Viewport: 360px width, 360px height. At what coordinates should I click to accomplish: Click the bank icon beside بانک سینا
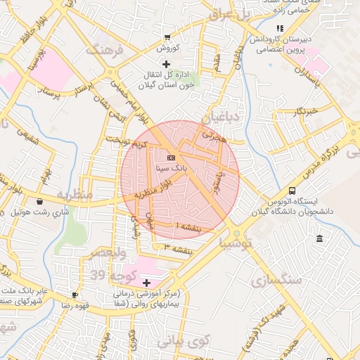172,157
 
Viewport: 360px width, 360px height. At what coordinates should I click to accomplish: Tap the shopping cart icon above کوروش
167,37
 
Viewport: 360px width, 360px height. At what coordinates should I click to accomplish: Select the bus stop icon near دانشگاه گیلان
292,191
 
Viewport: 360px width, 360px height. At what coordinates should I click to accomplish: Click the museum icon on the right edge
320,239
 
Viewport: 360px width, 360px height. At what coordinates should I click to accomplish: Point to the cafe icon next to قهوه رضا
75,295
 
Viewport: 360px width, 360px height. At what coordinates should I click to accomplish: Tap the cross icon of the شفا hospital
146,282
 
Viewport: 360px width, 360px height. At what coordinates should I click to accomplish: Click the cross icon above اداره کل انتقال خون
166,64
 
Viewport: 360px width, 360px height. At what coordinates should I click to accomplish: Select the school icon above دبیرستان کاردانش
281,28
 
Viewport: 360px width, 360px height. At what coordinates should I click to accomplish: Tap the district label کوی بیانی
184,342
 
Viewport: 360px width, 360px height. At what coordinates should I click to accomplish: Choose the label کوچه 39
106,274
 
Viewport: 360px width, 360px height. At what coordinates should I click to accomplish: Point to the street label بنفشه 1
188,227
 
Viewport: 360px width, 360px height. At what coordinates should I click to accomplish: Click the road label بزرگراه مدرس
324,157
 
